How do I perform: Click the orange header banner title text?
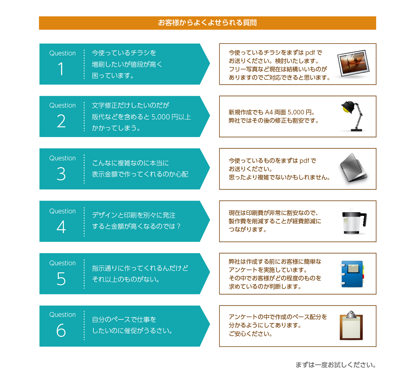pyautogui.click(x=207, y=23)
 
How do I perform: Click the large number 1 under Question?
pyautogui.click(x=61, y=69)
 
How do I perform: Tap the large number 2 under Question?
pyautogui.click(x=61, y=121)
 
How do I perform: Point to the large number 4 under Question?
pyautogui.click(x=61, y=226)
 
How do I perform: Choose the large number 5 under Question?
pyautogui.click(x=61, y=279)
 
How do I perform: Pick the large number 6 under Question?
pyautogui.click(x=61, y=330)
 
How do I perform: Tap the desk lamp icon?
pyautogui.click(x=353, y=116)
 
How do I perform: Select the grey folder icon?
pyautogui.click(x=354, y=168)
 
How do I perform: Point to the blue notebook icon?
pyautogui.click(x=352, y=274)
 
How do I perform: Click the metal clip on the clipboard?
pyautogui.click(x=351, y=314)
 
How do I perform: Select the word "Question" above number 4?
pyautogui.click(x=62, y=211)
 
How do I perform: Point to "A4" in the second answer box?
pyautogui.click(x=269, y=112)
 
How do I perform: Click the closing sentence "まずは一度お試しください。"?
pyautogui.click(x=336, y=365)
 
